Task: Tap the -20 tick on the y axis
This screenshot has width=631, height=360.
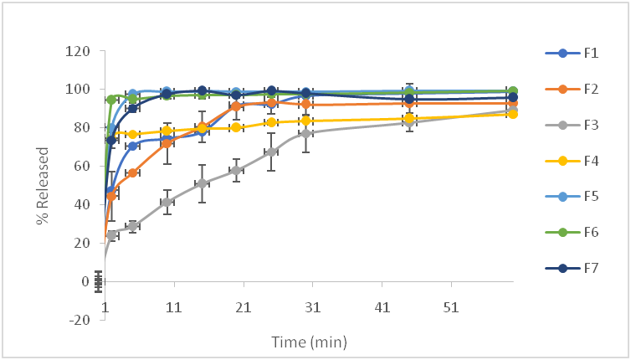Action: pyautogui.click(x=80, y=320)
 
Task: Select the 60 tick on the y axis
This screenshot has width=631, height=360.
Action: pyautogui.click(x=81, y=166)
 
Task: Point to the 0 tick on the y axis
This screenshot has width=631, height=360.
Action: pyautogui.click(x=85, y=281)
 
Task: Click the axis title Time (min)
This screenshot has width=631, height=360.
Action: pyautogui.click(x=308, y=342)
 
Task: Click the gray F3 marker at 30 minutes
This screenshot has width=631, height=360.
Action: pyautogui.click(x=307, y=133)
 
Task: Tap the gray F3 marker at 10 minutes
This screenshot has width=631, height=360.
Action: pyautogui.click(x=167, y=202)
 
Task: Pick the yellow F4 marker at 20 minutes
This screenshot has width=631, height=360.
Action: pyautogui.click(x=237, y=127)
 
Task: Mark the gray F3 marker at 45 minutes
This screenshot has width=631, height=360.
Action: pyautogui.click(x=409, y=122)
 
